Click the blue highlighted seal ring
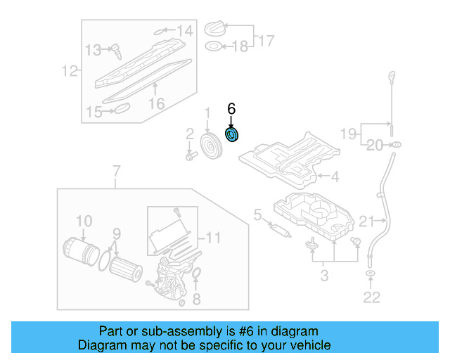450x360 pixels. (231, 134)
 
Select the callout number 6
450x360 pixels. (231, 109)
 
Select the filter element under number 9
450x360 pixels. (127, 269)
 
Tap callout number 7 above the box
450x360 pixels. (117, 171)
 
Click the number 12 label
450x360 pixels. (69, 70)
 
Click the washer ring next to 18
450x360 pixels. (212, 47)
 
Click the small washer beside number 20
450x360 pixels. (396, 146)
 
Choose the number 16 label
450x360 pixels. (156, 103)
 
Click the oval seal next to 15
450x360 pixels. (122, 109)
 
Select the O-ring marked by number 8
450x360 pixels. (197, 274)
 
